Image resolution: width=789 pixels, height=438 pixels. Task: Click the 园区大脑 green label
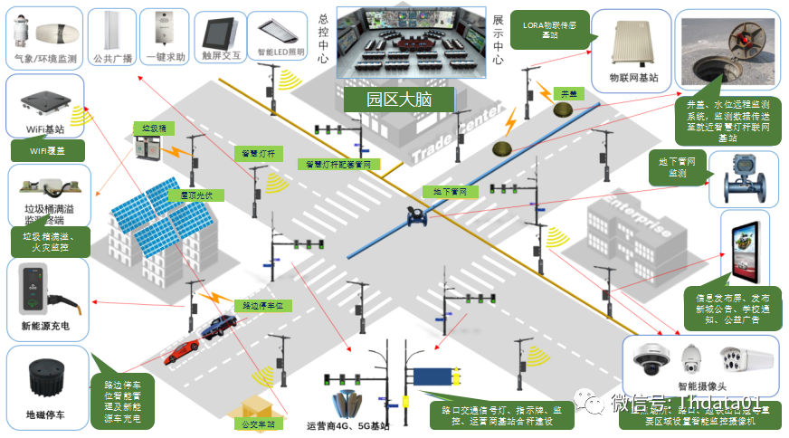point(385,98)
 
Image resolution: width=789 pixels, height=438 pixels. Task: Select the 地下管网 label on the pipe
point(444,192)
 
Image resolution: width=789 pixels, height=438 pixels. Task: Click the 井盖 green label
point(567,93)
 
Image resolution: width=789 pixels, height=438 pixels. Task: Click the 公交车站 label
point(259,424)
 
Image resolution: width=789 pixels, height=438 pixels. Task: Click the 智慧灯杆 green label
point(259,153)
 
